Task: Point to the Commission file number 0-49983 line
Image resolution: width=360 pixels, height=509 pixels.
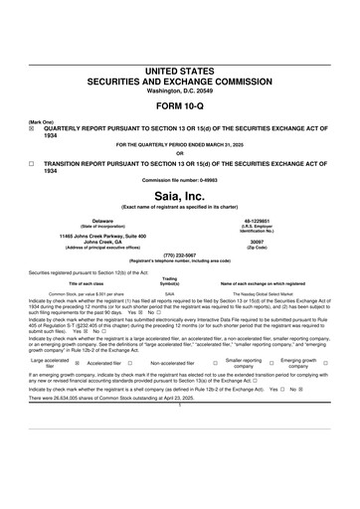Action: click(x=180, y=180)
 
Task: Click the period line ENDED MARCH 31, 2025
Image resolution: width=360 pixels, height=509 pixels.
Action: click(x=180, y=144)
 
